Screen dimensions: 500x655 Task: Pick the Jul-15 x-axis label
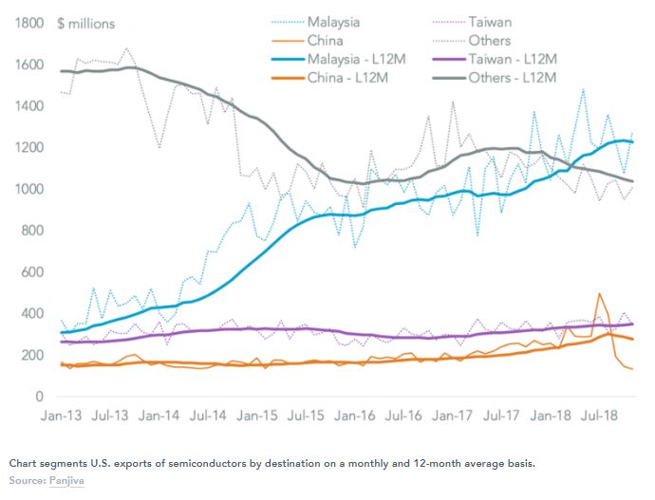[308, 415]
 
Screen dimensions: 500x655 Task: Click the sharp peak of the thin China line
[599, 294]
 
